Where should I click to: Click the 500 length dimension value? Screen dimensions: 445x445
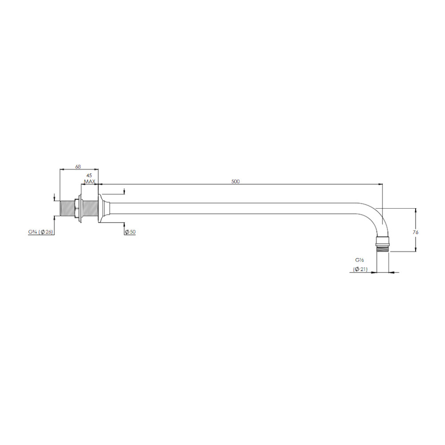click(235, 182)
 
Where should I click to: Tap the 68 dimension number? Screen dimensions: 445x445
click(78, 166)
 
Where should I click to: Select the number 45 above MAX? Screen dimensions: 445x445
click(89, 175)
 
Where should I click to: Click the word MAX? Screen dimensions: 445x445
click(89, 182)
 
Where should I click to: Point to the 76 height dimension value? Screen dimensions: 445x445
click(415, 232)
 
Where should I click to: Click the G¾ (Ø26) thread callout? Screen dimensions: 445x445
click(40, 232)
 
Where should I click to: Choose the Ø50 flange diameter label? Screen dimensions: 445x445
click(130, 232)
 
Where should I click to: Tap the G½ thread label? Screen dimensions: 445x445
click(359, 260)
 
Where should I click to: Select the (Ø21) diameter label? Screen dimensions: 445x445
click(360, 269)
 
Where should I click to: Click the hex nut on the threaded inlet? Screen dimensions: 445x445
click(77, 208)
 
